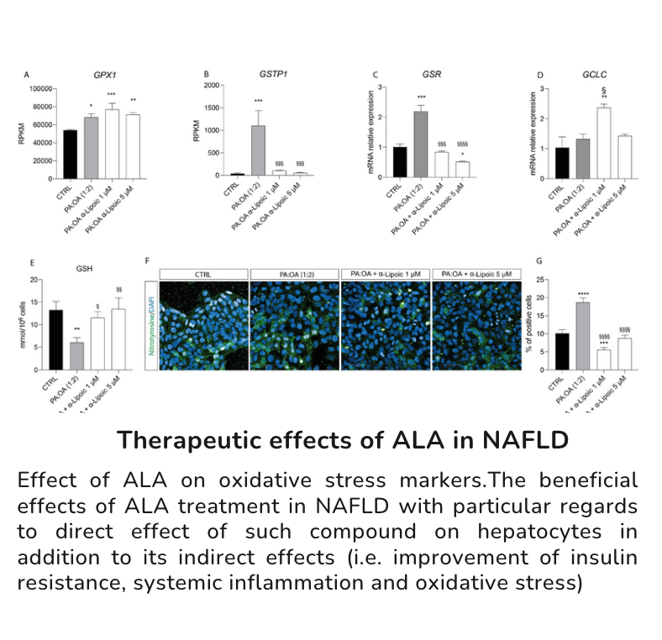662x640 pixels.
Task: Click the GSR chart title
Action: point(420,74)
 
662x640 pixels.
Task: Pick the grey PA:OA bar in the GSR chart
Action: point(422,143)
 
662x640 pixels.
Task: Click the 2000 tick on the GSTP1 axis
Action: point(212,86)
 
